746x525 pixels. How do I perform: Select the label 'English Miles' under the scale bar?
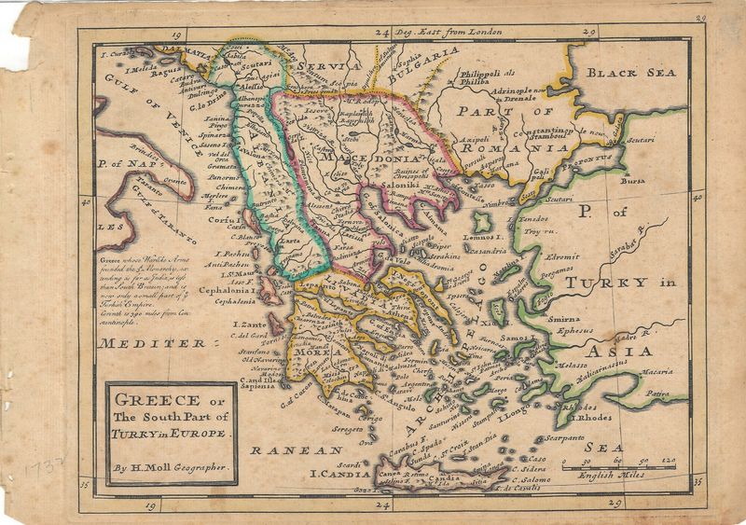(633, 474)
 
